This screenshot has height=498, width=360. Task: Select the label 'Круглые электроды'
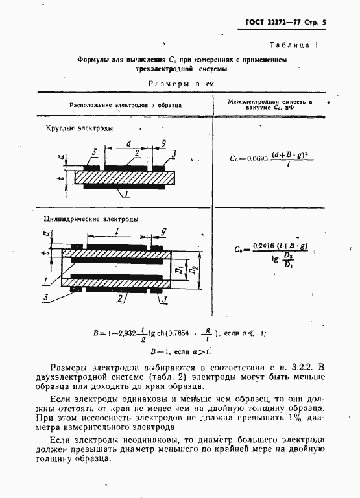coord(80,128)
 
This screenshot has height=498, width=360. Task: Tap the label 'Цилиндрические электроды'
coord(91,219)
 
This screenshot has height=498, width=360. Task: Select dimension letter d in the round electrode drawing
coord(129,143)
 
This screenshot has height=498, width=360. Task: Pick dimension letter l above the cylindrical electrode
coord(116,231)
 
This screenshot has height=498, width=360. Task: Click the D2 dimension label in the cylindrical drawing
coord(191,267)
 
